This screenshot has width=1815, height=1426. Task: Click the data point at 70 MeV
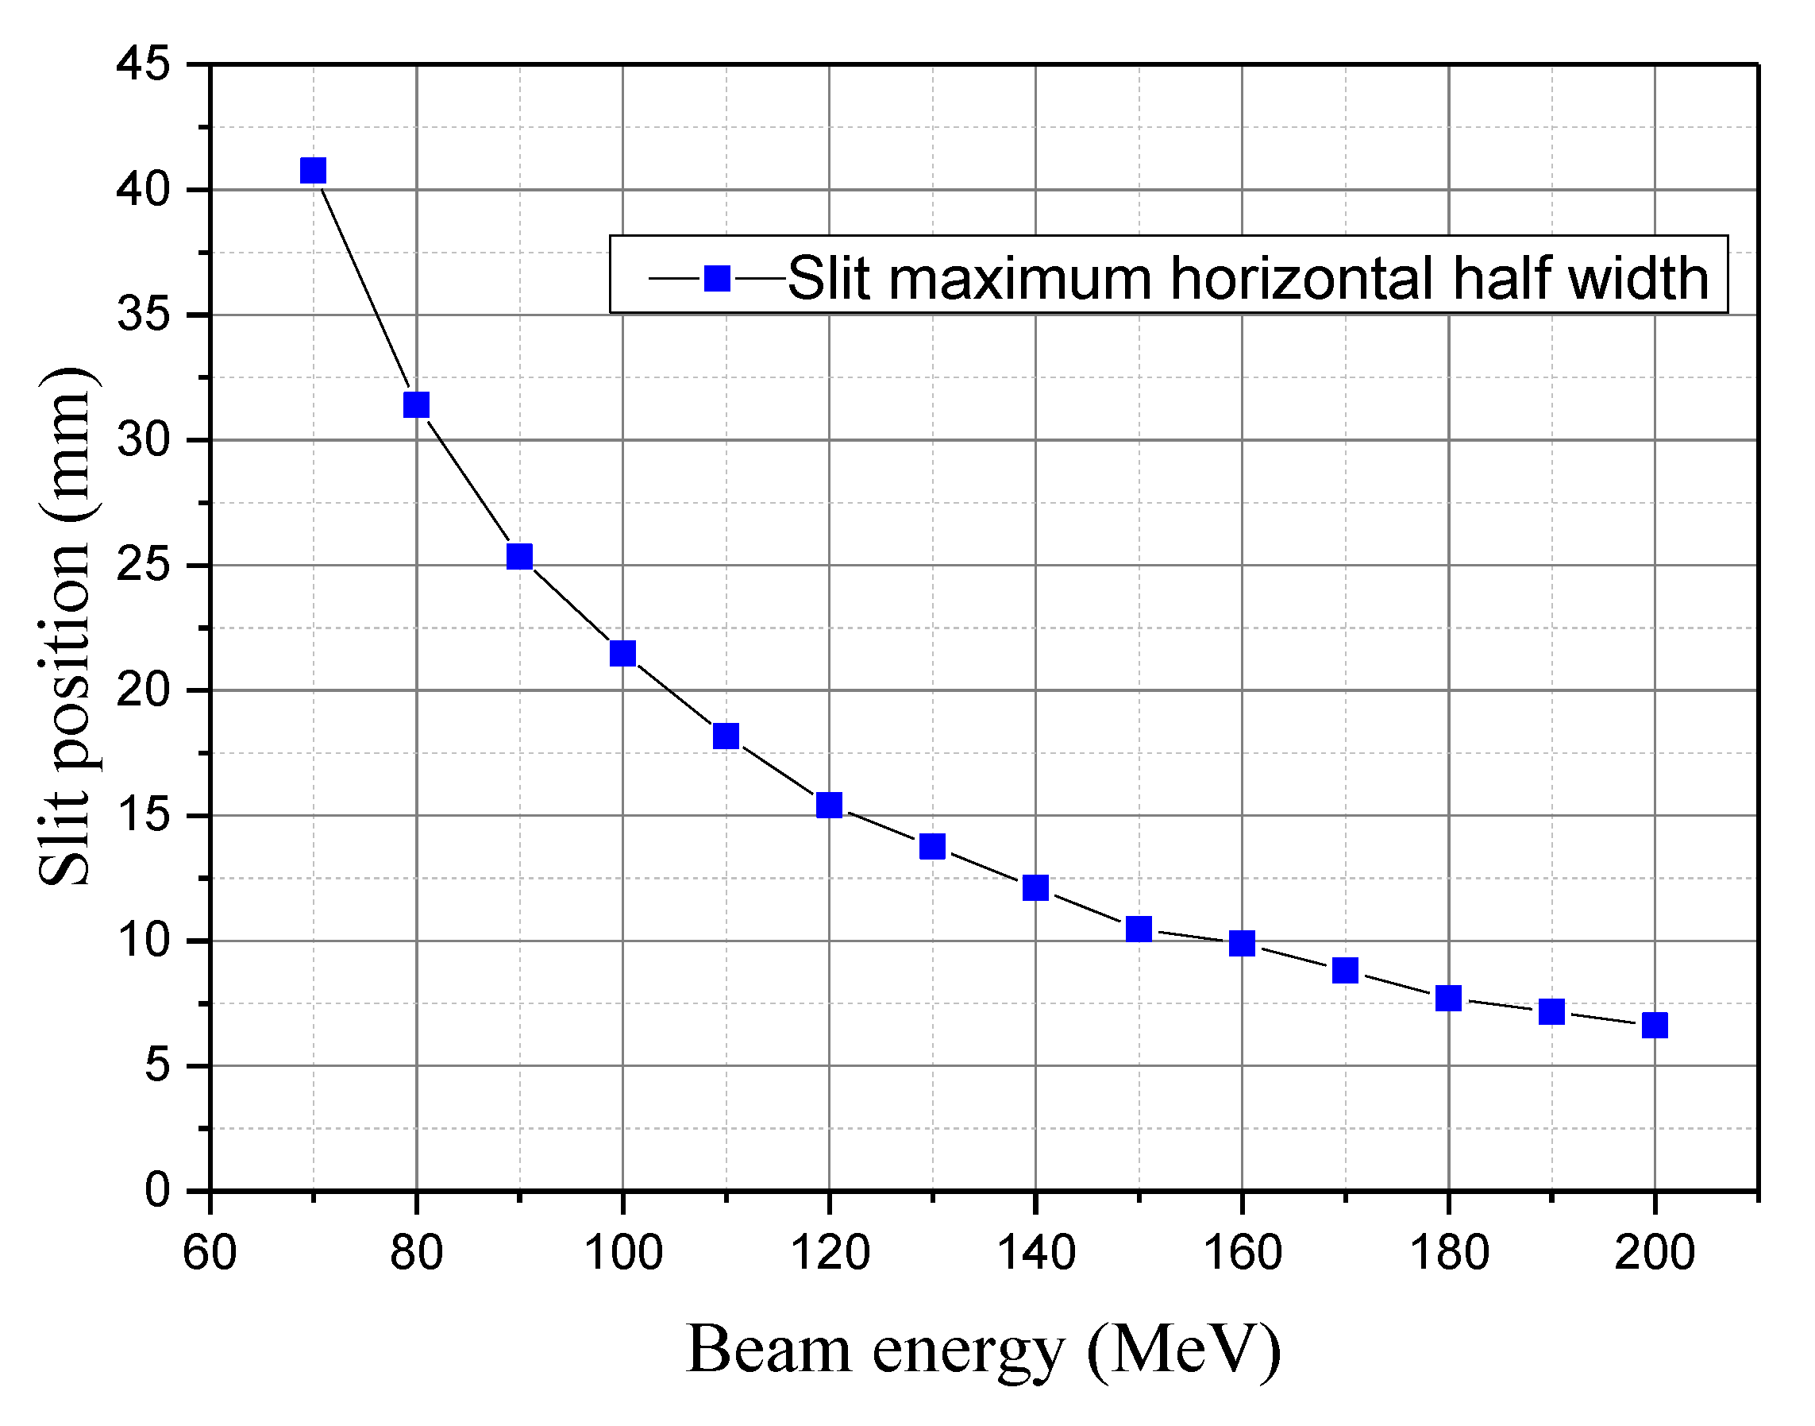point(313,170)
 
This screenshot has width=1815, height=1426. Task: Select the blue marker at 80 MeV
point(416,405)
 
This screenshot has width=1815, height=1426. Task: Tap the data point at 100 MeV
point(622,653)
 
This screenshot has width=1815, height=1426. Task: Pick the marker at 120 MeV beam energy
point(829,805)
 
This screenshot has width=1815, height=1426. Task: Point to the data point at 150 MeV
point(1139,929)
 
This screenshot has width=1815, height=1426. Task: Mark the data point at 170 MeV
point(1344,970)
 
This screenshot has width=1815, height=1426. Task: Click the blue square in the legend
point(717,278)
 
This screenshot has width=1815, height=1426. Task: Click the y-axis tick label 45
point(143,64)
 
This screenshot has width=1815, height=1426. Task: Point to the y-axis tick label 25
point(143,565)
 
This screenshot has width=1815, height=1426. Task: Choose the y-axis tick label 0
point(157,1190)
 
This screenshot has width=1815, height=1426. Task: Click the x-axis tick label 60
point(210,1252)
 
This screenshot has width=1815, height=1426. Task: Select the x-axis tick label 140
point(1035,1252)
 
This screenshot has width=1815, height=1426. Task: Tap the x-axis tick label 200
point(1654,1252)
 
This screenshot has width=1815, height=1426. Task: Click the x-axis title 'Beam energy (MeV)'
point(983,1351)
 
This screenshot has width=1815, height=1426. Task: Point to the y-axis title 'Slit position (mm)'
point(67,626)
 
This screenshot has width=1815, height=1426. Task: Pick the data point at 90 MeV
point(519,556)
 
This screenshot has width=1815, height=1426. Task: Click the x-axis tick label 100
point(622,1252)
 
